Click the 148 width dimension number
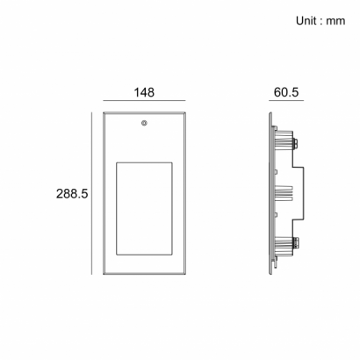[144, 92]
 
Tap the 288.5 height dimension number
[72, 194]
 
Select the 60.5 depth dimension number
[286, 92]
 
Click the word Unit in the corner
[306, 21]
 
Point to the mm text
[335, 21]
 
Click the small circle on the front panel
[144, 123]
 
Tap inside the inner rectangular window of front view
[144, 208]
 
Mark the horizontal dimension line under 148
[144, 101]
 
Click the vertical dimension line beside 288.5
[91, 193]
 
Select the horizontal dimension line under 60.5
[286, 101]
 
